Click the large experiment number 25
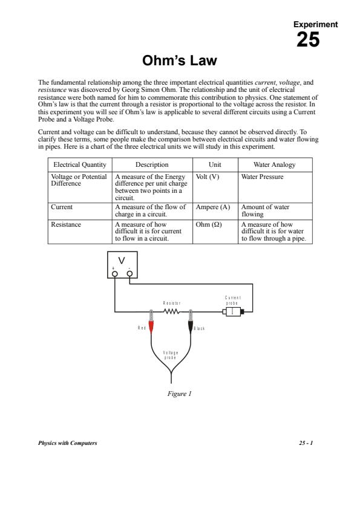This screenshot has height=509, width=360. click(308, 40)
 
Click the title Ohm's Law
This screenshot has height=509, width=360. click(179, 60)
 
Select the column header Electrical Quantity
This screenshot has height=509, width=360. click(80, 164)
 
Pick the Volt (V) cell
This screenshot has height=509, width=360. click(208, 177)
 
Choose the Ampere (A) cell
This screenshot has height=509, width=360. click(213, 207)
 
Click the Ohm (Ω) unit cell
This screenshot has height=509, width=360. click(209, 224)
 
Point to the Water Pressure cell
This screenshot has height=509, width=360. click(262, 177)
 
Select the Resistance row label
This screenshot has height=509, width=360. click(66, 224)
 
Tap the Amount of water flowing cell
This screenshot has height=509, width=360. click(265, 211)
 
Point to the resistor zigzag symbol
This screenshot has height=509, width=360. click(171, 312)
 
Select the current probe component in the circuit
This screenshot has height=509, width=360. click(234, 312)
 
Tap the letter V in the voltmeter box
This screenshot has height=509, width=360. click(122, 261)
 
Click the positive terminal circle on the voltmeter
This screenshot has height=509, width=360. click(114, 274)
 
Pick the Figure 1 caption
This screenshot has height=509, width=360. click(179, 394)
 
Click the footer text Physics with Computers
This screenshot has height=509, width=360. click(68, 443)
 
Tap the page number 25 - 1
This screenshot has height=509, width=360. click(306, 443)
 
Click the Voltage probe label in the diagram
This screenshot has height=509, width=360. click(171, 355)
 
